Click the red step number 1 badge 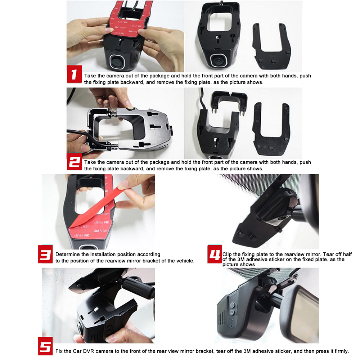coord(75,74)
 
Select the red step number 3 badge coord(45,254)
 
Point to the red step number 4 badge coord(215,254)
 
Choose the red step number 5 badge coord(45,346)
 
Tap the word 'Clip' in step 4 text coord(227,255)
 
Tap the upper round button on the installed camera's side coord(232,305)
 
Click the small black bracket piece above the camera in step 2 coord(229,101)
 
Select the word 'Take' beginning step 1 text coord(90,76)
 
